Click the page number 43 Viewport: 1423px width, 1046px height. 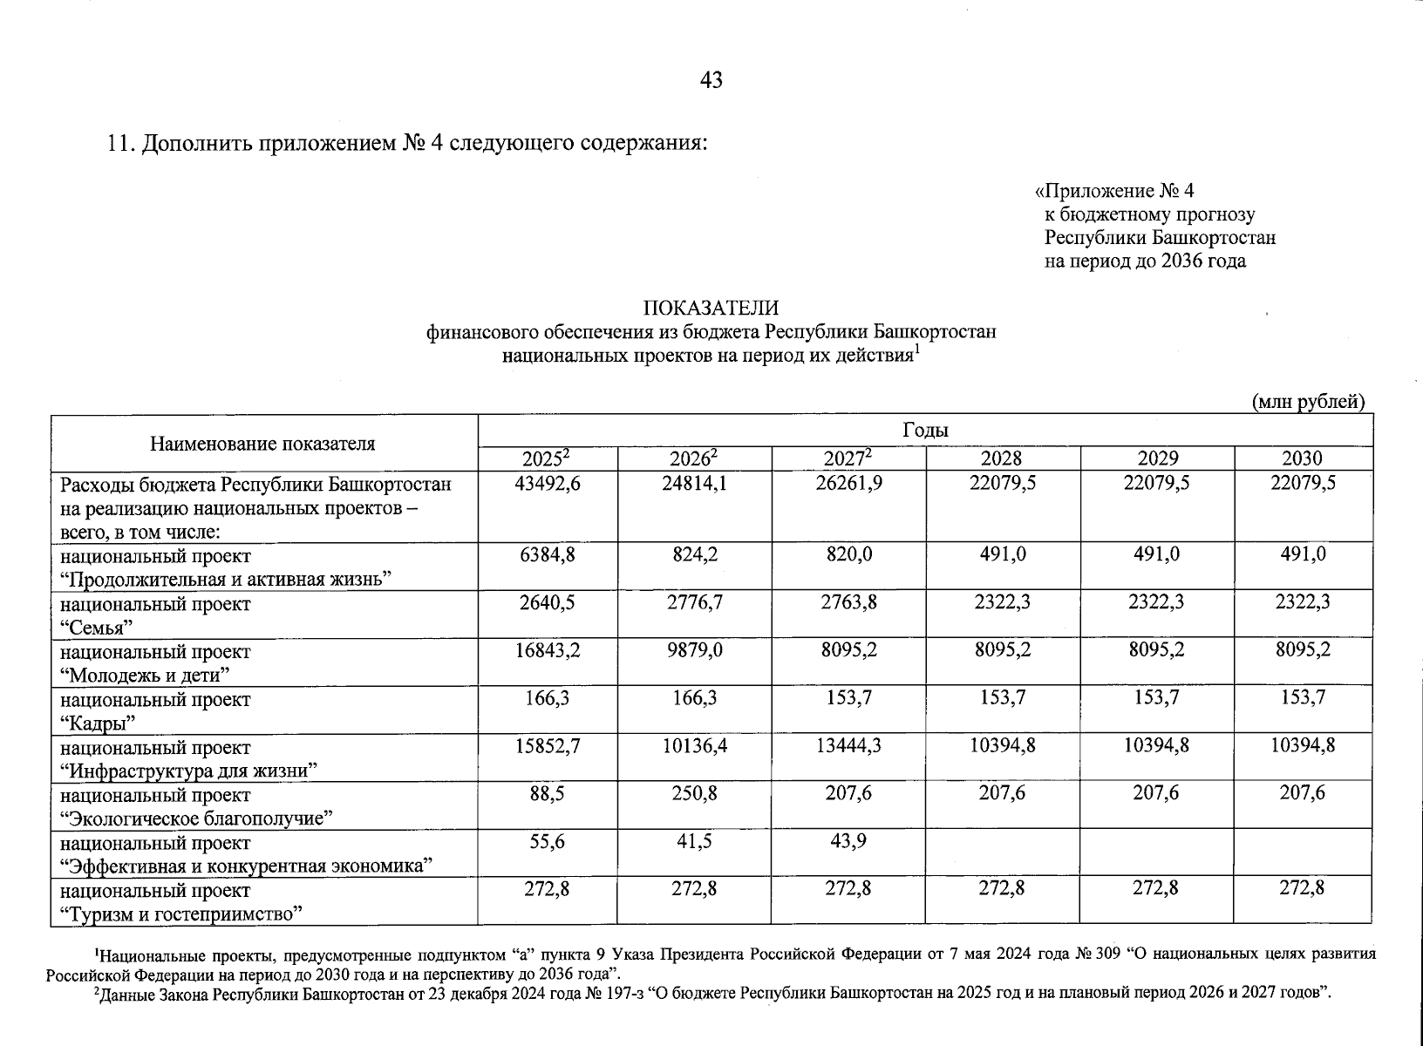(711, 80)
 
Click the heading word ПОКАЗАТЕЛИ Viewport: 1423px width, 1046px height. (711, 308)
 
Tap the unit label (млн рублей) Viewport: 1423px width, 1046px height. (1307, 402)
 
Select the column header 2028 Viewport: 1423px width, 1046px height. (1002, 458)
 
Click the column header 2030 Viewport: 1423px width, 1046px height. (1302, 458)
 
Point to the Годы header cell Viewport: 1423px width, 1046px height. (925, 431)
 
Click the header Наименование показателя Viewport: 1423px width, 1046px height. (262, 443)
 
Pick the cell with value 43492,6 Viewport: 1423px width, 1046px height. (548, 483)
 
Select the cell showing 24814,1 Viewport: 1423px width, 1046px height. (694, 483)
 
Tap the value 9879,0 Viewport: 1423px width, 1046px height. (695, 650)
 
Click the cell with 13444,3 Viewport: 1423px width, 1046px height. (849, 746)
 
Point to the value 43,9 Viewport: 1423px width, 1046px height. (849, 842)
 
